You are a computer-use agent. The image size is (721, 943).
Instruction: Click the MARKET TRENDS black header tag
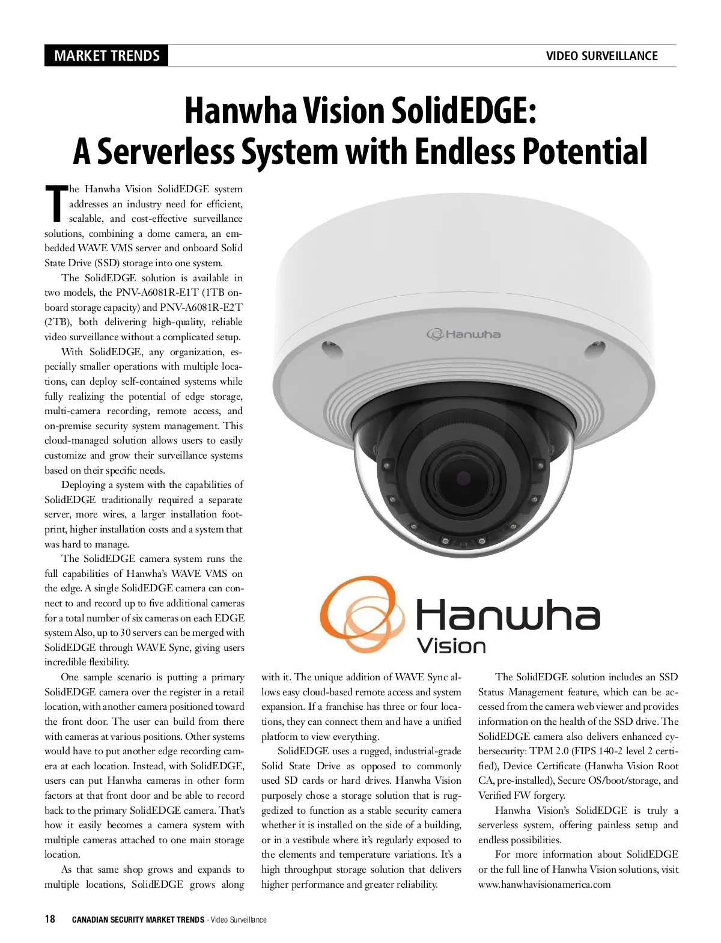pyautogui.click(x=106, y=56)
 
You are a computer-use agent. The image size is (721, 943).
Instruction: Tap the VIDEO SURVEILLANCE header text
pyautogui.click(x=601, y=56)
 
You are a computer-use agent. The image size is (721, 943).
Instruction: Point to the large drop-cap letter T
pyautogui.click(x=56, y=203)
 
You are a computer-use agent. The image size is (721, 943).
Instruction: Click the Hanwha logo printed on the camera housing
pyautogui.click(x=463, y=334)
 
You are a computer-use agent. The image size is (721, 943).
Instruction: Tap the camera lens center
pyautogui.click(x=463, y=477)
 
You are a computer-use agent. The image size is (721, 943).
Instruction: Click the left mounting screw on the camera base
pyautogui.click(x=329, y=347)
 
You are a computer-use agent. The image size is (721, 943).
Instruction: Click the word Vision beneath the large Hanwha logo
pyautogui.click(x=451, y=647)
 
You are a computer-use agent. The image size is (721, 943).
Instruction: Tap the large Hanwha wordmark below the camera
pyautogui.click(x=508, y=614)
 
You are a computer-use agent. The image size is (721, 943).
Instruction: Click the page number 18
pyautogui.click(x=50, y=919)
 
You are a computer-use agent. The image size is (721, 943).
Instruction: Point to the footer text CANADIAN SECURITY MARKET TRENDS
pyautogui.click(x=138, y=920)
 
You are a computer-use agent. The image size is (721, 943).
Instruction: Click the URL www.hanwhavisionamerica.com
pyautogui.click(x=544, y=884)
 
